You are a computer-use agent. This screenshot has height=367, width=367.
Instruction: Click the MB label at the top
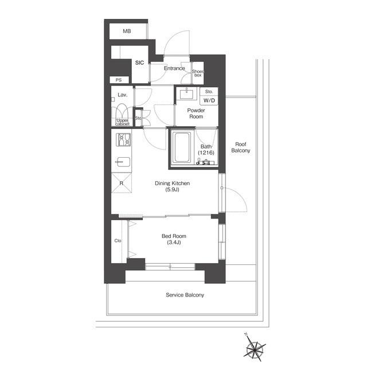point(127,31)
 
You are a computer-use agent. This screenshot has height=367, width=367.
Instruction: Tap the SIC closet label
point(139,63)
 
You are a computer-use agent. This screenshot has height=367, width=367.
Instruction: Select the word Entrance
point(174,68)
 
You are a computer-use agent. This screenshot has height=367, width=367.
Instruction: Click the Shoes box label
point(198,73)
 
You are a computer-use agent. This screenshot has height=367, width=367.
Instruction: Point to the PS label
point(119,80)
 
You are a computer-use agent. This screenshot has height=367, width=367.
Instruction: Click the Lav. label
point(122,95)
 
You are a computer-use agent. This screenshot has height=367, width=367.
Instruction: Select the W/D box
point(209,101)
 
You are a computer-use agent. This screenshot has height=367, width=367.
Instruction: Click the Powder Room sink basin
point(186,94)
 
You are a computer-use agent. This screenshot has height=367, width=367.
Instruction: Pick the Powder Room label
point(196,114)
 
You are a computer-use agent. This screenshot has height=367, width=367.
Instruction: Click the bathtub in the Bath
point(182,147)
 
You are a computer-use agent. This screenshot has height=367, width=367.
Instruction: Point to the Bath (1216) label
point(206,150)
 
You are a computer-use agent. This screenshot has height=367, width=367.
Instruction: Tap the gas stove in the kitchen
point(123,140)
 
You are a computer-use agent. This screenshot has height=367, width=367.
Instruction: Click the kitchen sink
point(123,162)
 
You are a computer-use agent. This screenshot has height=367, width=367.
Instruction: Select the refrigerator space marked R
point(121,183)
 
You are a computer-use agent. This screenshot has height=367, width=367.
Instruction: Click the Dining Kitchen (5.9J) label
point(172,186)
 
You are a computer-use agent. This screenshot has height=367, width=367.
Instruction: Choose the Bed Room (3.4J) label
point(174,239)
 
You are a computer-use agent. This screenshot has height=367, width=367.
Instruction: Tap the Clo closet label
point(118,241)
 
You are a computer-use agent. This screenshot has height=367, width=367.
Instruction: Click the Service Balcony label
point(185,295)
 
